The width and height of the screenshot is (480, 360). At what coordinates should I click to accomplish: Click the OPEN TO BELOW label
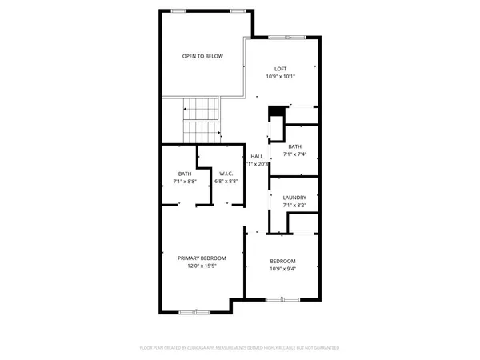[x=202, y=56]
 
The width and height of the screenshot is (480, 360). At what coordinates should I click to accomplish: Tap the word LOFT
[x=281, y=69]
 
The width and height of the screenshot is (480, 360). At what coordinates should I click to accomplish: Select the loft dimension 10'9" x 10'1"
[x=281, y=77]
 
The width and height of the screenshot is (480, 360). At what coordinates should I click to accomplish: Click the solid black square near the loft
[x=275, y=110]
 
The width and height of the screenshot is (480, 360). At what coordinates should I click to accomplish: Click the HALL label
[x=257, y=156]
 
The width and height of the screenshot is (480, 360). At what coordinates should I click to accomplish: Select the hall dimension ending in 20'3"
[x=258, y=164]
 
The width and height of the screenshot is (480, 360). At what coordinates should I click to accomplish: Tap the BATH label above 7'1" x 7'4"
[x=294, y=146]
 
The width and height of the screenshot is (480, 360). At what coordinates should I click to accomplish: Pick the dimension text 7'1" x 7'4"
[x=294, y=154]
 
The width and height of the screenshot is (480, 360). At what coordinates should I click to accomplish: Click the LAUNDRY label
[x=294, y=198]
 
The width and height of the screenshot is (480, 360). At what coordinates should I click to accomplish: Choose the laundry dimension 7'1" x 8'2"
[x=294, y=206]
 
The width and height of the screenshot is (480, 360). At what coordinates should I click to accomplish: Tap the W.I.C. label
[x=225, y=174]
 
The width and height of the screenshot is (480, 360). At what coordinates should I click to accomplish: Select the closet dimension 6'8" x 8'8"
[x=225, y=182]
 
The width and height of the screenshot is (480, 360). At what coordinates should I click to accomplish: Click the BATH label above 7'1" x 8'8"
[x=185, y=174]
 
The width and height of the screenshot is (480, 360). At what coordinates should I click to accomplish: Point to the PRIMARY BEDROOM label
[x=202, y=258]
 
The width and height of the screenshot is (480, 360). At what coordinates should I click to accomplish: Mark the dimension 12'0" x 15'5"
[x=202, y=266]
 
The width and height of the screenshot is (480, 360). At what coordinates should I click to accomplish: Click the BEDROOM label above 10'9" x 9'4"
[x=282, y=261]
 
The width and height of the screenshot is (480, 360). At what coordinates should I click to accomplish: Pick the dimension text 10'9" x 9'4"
[x=282, y=269]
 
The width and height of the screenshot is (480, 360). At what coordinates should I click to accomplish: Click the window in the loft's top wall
[x=281, y=37]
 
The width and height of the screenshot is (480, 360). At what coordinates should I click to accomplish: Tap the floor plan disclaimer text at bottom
[x=240, y=348]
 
